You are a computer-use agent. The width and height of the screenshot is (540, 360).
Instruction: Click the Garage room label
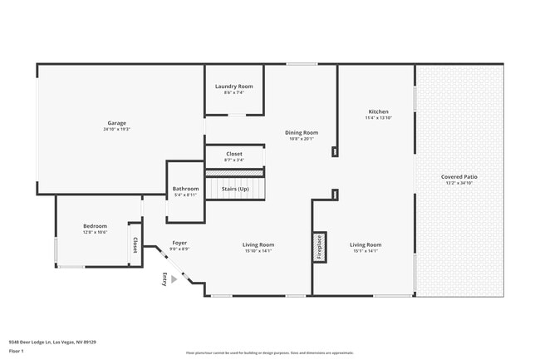coord(117,123)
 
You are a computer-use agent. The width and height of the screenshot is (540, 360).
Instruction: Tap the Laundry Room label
coord(233,86)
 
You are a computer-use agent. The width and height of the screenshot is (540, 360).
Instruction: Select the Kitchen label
coord(378,111)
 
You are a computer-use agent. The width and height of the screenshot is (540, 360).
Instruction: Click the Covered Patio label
coord(459,177)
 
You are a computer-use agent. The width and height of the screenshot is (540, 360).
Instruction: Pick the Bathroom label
coord(185,189)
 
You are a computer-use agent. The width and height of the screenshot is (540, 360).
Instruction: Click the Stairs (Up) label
coord(235,189)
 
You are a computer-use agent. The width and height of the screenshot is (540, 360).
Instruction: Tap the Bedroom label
coord(95,226)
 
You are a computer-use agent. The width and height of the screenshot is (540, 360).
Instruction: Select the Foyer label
coord(179,243)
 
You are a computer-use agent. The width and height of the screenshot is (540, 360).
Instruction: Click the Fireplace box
coord(318,247)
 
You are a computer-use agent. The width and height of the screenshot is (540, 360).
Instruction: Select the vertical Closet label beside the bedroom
coord(134,245)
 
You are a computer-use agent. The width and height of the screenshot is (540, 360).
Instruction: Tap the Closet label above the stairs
coord(234,154)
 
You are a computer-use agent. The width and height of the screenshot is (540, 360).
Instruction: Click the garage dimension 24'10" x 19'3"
coord(117,130)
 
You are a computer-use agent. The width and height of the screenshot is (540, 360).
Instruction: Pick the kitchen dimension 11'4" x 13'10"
coord(378,118)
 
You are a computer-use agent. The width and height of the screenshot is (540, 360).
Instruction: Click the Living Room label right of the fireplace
coord(366,244)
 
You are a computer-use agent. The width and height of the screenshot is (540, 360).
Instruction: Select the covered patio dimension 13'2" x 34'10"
coord(459,184)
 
